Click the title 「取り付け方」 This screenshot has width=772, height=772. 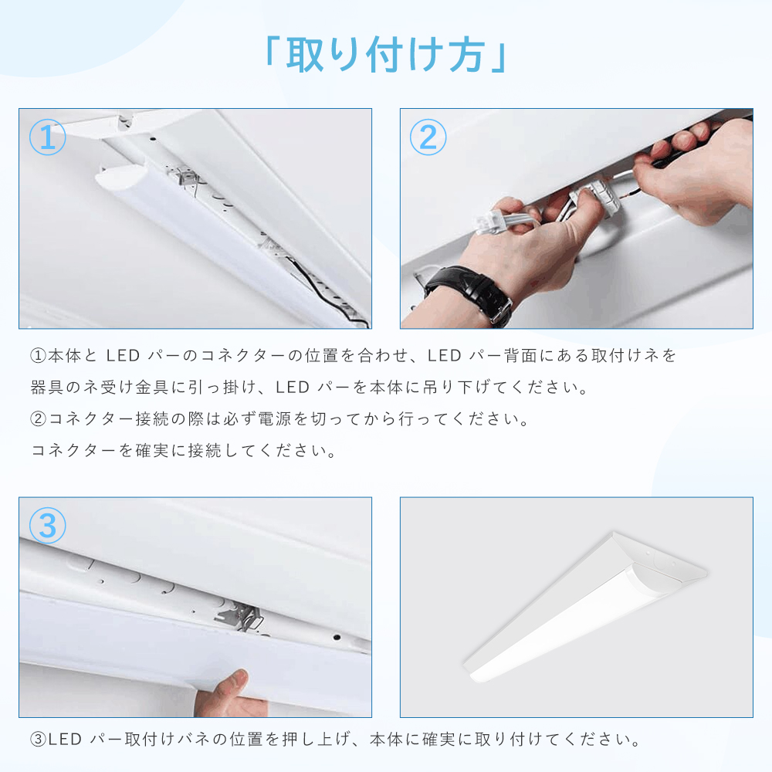tap(385, 55)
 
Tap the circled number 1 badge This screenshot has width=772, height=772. tap(47, 137)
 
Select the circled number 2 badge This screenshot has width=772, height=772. tap(428, 137)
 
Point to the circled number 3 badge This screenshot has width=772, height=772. tap(47, 525)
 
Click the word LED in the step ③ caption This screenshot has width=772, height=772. tap(65, 740)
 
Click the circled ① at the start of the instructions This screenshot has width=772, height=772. tap(39, 356)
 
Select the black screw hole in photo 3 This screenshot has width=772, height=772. tap(337, 637)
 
